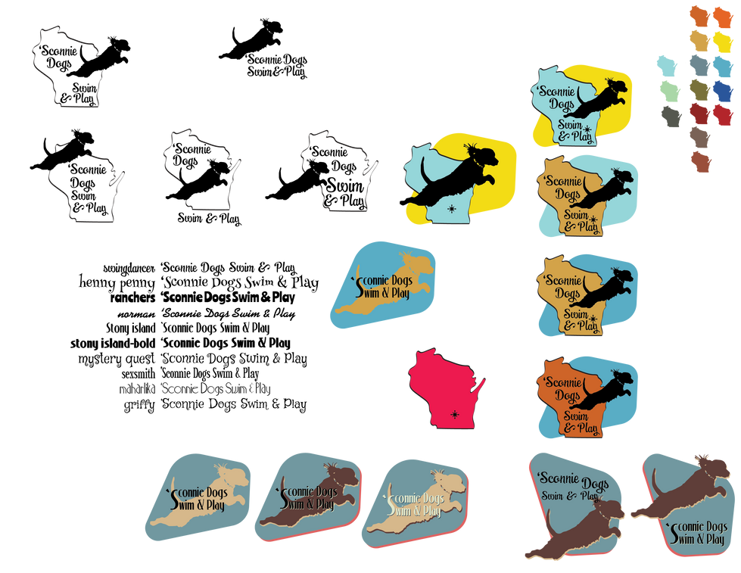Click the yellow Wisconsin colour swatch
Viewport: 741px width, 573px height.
point(723,42)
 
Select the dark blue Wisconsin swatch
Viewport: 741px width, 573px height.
point(723,91)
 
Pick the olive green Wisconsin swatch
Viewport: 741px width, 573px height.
point(699,91)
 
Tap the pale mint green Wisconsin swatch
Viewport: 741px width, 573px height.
point(669,91)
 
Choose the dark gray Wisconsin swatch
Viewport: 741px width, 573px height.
point(671,117)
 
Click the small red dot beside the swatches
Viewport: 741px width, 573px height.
point(686,63)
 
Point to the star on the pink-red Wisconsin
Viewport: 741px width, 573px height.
point(454,414)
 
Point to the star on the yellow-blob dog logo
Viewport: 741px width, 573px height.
point(453,207)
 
